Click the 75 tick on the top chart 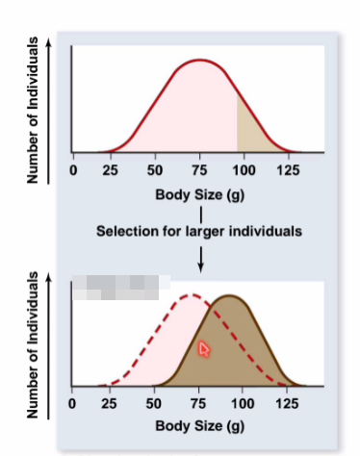[199, 170]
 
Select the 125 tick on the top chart [286, 170]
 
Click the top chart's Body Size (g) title [200, 195]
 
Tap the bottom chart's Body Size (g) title [200, 425]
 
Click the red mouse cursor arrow [203, 350]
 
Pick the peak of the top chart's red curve [199, 60]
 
